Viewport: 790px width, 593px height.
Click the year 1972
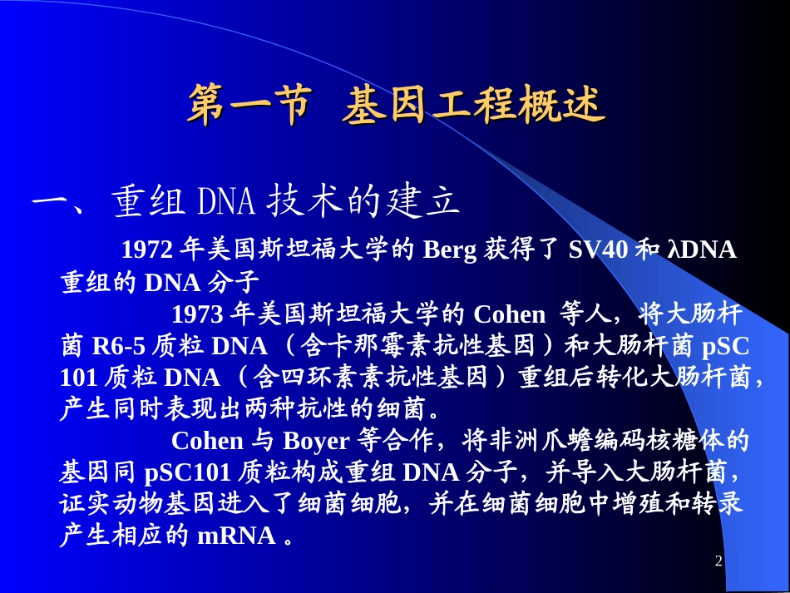pos(147,250)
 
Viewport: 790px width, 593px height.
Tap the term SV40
pos(599,250)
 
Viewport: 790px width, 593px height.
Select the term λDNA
pos(702,250)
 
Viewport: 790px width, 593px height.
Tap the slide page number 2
pos(718,563)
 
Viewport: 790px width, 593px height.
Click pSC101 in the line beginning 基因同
pos(187,472)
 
